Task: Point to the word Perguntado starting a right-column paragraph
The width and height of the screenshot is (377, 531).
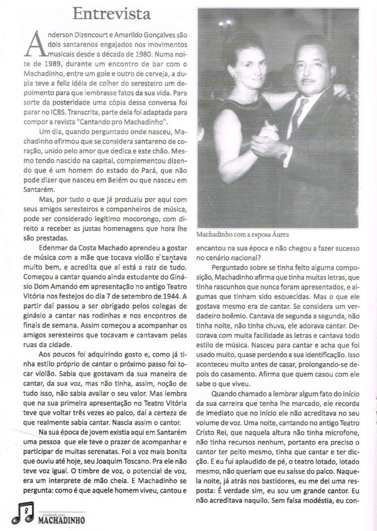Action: [x=232, y=265]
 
